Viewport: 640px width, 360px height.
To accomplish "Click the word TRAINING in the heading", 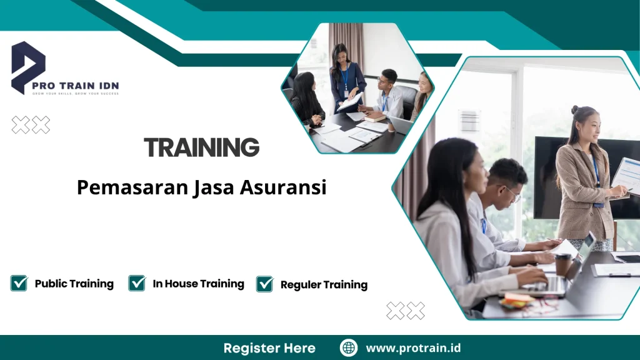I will coord(201,147).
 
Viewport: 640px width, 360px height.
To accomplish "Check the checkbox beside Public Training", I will coord(19,283).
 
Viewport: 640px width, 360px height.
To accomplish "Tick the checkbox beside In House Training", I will coord(137,283).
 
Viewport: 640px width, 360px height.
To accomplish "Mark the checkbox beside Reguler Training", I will coord(265,284).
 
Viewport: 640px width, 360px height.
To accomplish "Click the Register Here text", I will coord(269,347).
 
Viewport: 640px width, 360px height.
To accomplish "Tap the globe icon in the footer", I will coord(349,347).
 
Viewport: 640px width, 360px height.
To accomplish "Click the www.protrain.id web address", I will coord(413,347).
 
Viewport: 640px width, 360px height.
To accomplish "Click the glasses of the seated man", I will coord(511,193).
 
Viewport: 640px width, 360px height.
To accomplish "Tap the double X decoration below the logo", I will coord(31,125).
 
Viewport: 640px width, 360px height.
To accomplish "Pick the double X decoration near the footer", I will coord(405,311).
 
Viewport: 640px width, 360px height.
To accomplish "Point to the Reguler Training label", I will coord(324,285).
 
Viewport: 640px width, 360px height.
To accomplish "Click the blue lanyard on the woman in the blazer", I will coord(596,172).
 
